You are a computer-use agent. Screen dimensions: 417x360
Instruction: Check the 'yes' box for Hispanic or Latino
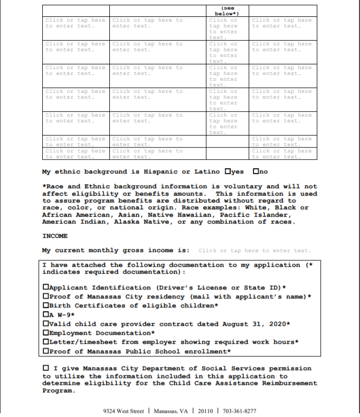pos(228,171)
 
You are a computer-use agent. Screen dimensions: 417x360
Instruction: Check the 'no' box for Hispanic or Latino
pos(256,171)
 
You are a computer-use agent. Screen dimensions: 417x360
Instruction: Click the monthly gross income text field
pos(255,250)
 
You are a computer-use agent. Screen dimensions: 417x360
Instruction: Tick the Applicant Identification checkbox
pos(46,288)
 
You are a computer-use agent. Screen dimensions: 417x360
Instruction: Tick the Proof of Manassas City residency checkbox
pos(46,297)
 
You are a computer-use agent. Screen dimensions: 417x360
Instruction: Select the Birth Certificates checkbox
pos(46,306)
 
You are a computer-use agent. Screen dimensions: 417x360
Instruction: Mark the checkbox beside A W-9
pos(46,315)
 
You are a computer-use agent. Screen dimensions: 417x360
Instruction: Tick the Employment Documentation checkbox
pos(46,333)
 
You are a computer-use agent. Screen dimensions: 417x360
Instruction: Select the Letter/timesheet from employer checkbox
pos(46,342)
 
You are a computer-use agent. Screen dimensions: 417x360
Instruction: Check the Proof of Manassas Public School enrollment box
pos(46,351)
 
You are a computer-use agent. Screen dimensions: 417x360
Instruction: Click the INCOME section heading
pos(54,236)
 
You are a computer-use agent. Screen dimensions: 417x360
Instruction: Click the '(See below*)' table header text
pos(227,11)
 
